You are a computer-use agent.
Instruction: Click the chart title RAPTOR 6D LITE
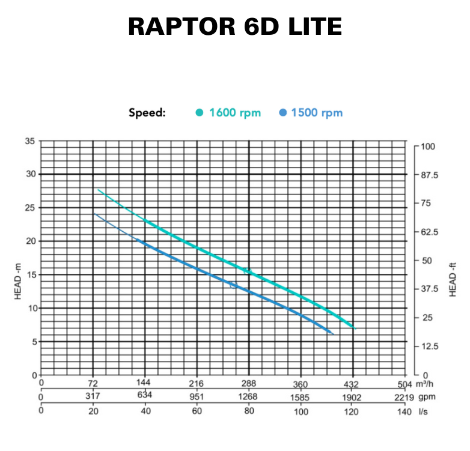pyautogui.click(x=234, y=27)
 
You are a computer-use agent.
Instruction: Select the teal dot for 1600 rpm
pyautogui.click(x=200, y=112)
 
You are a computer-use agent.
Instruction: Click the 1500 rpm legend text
pyautogui.click(x=316, y=112)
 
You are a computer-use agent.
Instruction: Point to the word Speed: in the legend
pyautogui.click(x=147, y=112)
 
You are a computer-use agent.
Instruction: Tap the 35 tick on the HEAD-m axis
pyautogui.click(x=29, y=142)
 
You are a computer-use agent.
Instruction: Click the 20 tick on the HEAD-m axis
pyautogui.click(x=29, y=241)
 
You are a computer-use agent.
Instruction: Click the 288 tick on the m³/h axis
pyautogui.click(x=248, y=383)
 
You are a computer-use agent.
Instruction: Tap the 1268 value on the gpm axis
pyautogui.click(x=248, y=396)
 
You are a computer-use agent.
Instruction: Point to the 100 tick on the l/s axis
pyautogui.click(x=301, y=412)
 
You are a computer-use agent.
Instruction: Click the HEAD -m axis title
pyautogui.click(x=17, y=283)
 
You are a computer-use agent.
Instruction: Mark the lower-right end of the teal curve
pyautogui.click(x=355, y=328)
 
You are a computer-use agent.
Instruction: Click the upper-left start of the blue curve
pyautogui.click(x=94, y=214)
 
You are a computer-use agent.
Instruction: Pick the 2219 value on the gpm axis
pyautogui.click(x=404, y=397)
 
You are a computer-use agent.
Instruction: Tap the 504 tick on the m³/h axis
pyautogui.click(x=404, y=383)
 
